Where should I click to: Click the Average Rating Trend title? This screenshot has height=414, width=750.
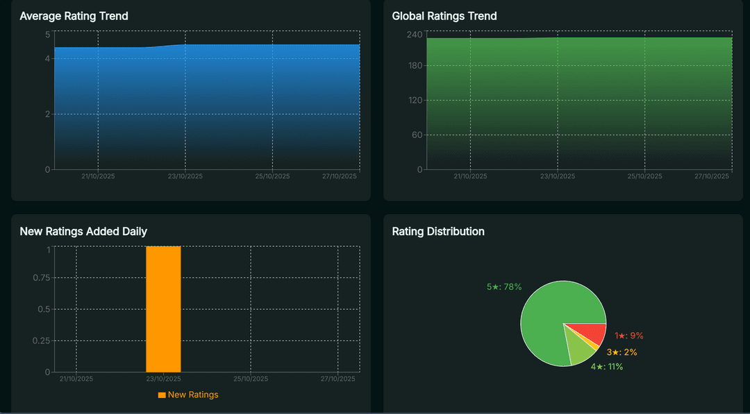click(x=74, y=16)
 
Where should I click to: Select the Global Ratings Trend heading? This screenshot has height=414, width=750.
click(x=444, y=16)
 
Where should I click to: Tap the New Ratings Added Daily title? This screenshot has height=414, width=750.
click(x=83, y=232)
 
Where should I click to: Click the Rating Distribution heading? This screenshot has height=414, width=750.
click(x=438, y=232)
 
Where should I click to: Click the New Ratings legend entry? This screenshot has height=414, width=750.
click(x=188, y=395)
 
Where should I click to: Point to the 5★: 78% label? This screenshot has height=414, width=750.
click(x=503, y=286)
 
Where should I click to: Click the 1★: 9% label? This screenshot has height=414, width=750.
click(x=628, y=336)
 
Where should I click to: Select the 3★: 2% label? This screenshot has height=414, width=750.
click(x=622, y=352)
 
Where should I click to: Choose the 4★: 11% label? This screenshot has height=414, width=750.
click(x=606, y=367)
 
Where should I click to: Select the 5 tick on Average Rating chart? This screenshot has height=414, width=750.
click(x=47, y=34)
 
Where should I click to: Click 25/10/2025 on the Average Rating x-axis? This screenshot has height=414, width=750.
click(x=272, y=177)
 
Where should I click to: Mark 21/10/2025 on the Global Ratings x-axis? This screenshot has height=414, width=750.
click(x=470, y=177)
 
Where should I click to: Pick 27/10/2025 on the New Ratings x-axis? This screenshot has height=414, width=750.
click(x=338, y=379)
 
